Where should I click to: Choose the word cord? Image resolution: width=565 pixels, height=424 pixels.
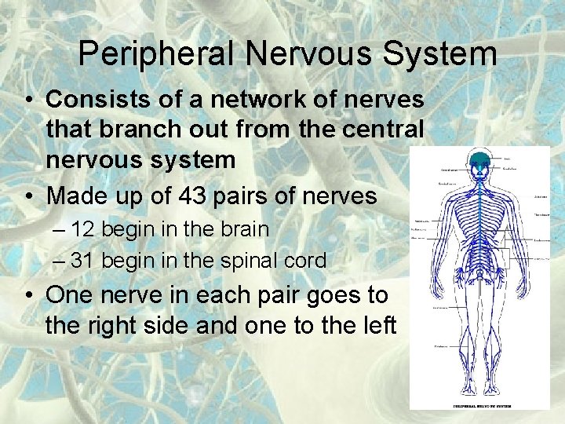[x=304, y=261]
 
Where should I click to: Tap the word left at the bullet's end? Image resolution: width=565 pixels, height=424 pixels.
[x=376, y=324]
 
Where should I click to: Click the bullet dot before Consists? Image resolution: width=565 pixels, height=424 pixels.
[x=27, y=101]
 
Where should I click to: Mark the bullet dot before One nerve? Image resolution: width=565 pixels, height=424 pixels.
[x=27, y=296]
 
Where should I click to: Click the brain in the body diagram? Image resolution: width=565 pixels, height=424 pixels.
[x=479, y=163]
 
